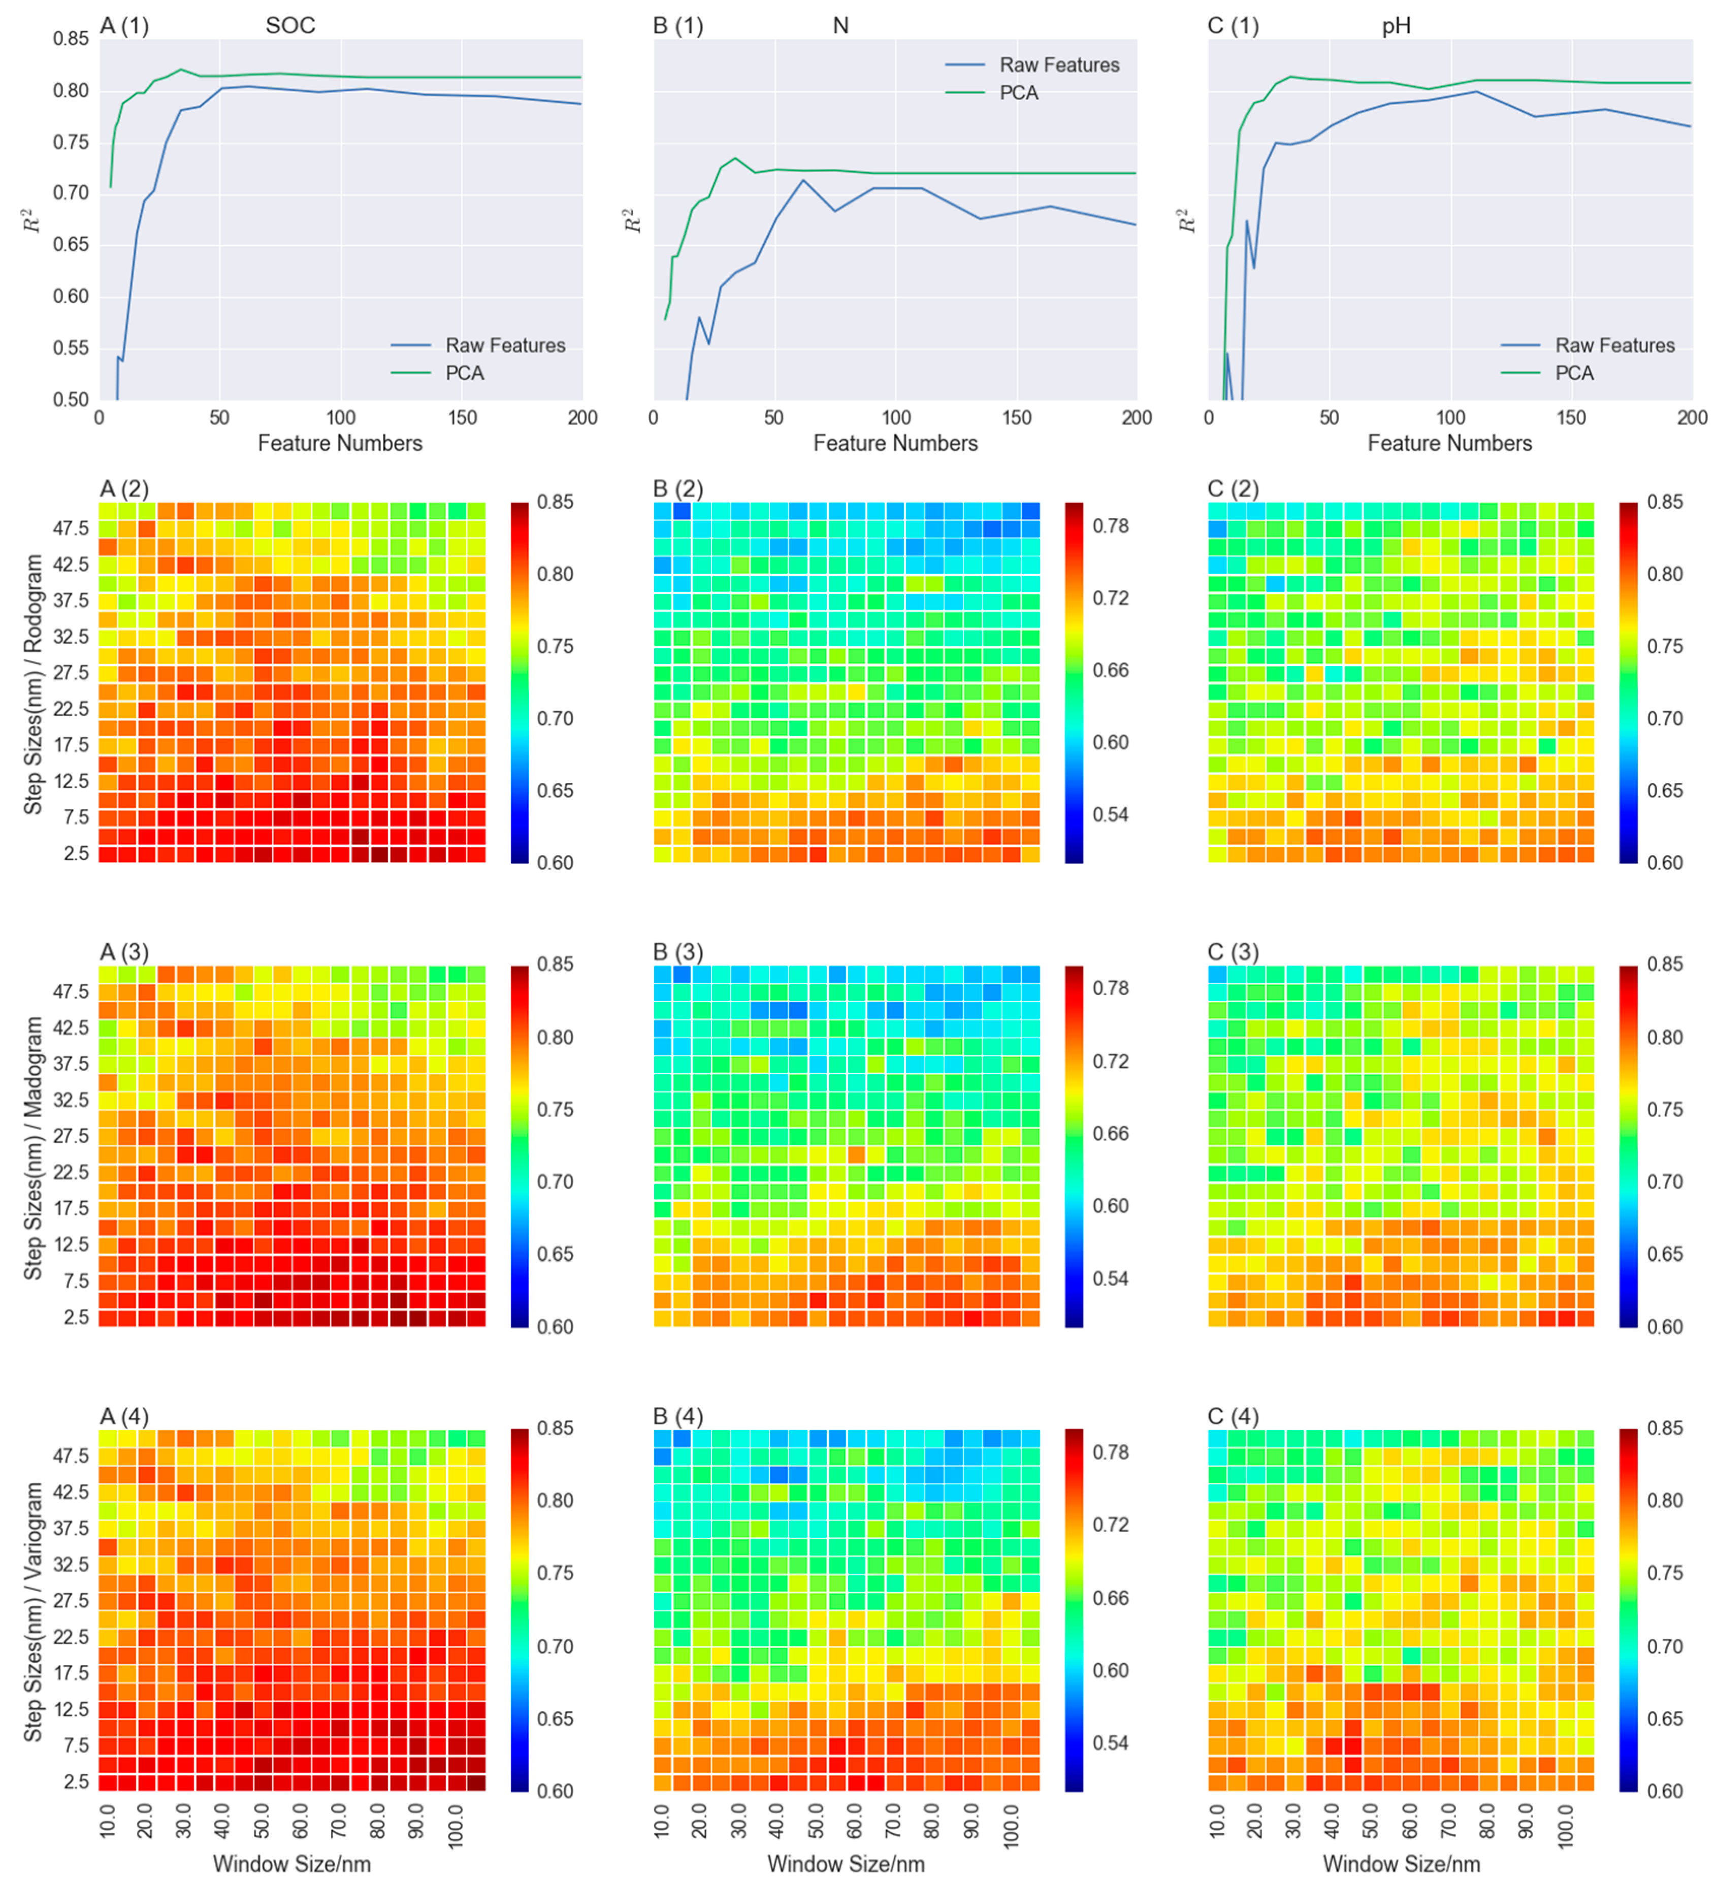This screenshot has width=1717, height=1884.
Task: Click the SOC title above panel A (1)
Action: [290, 25]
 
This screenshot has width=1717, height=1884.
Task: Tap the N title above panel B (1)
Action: [840, 25]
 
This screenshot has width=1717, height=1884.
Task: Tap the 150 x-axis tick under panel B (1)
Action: [1016, 418]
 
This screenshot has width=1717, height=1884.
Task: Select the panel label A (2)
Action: [124, 489]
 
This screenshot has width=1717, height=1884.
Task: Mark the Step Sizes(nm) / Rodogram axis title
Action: [34, 684]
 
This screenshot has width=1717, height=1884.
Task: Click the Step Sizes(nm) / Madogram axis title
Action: [34, 1147]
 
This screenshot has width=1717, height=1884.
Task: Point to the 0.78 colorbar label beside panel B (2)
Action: [1111, 526]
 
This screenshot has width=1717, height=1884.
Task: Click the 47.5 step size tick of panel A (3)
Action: [71, 990]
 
